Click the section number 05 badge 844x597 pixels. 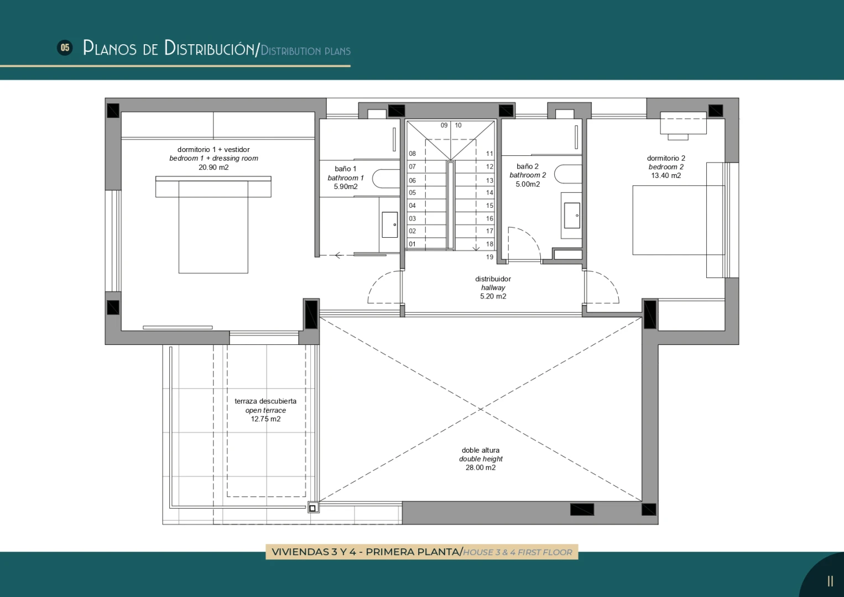65,48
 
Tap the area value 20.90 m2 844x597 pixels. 213,167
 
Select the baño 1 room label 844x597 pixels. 345,169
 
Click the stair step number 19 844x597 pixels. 489,257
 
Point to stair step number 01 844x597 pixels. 412,244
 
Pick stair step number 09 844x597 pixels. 444,125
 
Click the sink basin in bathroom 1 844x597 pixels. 389,224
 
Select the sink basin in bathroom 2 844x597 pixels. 572,216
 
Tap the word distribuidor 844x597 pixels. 493,279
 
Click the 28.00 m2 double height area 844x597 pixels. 481,468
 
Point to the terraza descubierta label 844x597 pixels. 265,401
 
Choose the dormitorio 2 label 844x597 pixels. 666,158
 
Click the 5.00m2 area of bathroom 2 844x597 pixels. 528,184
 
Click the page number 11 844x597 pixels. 830,581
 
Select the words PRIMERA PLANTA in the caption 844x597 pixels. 412,552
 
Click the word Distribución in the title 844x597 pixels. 210,48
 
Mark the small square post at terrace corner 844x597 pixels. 312,508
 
